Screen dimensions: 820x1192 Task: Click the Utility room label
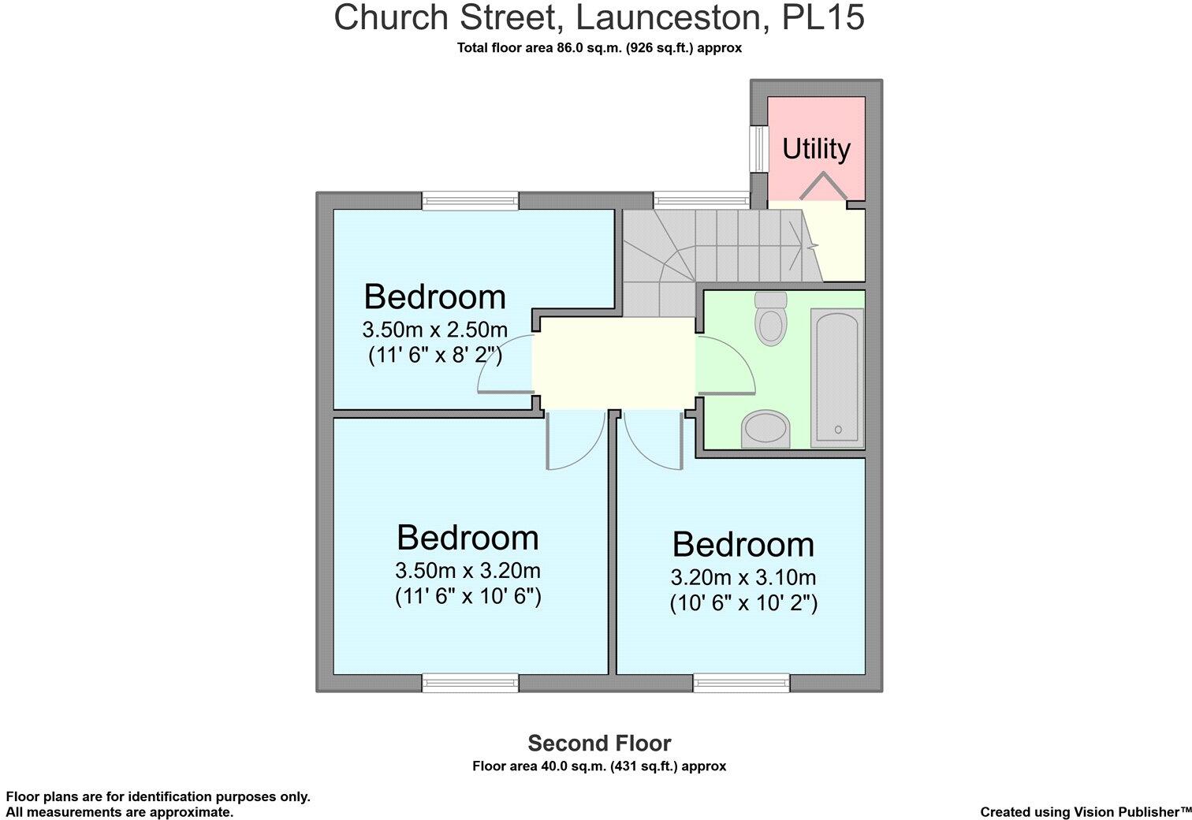(816, 148)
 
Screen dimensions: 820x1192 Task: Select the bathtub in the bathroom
(837, 378)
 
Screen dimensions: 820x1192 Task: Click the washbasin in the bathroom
(765, 429)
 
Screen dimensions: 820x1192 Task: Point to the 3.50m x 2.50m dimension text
(434, 329)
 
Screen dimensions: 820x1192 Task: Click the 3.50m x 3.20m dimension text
(467, 569)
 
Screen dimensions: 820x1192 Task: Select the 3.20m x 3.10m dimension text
(743, 576)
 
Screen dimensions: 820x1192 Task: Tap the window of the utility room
(758, 148)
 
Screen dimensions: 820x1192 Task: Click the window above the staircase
(702, 200)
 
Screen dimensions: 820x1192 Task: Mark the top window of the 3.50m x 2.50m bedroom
(471, 200)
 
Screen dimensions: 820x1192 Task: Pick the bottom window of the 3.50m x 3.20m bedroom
(471, 683)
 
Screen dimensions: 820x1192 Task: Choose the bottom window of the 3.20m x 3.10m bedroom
(741, 683)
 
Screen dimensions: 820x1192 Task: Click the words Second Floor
(599, 744)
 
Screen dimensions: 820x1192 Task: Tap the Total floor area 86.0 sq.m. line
(599, 48)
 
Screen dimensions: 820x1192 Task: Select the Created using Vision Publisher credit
(1085, 811)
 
